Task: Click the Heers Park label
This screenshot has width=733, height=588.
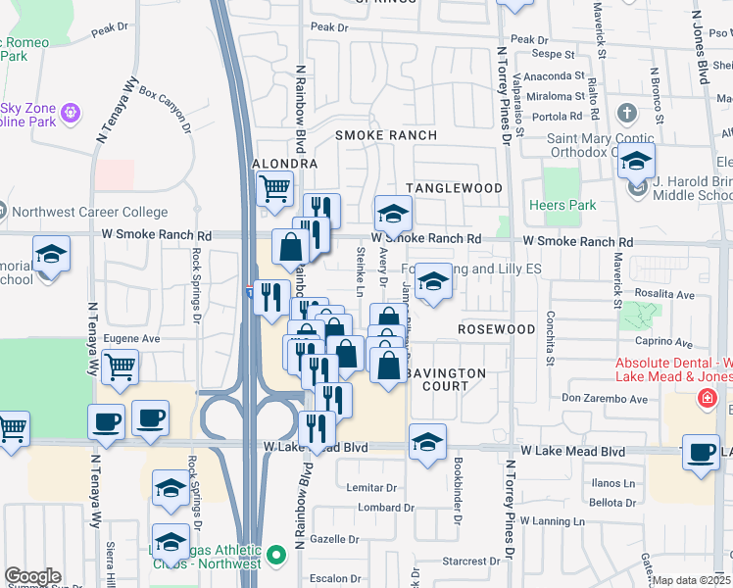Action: pyautogui.click(x=562, y=205)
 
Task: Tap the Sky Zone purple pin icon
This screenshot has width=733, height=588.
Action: pyautogui.click(x=71, y=114)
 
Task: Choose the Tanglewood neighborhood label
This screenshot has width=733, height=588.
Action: pyautogui.click(x=455, y=187)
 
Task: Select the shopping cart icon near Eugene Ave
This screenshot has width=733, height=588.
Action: pyautogui.click(x=120, y=367)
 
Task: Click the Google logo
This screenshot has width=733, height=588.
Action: pyautogui.click(x=32, y=576)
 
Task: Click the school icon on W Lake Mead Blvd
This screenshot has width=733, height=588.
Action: pyautogui.click(x=427, y=441)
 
